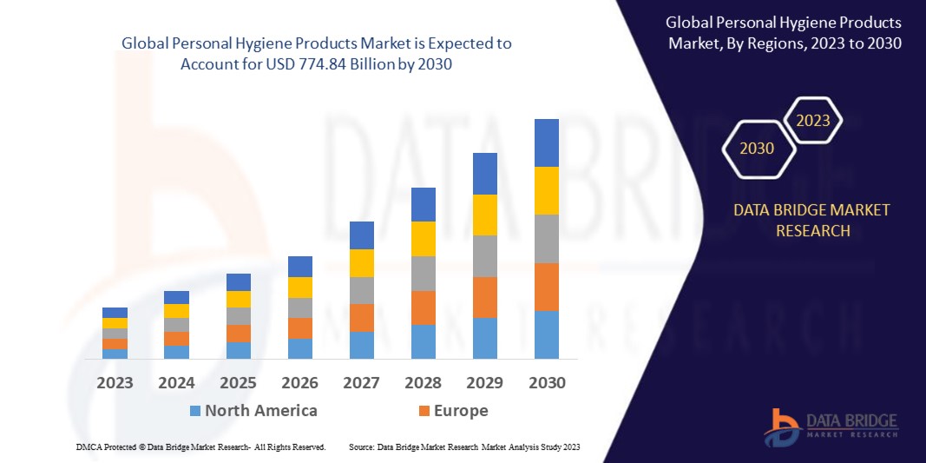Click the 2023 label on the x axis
point(115,383)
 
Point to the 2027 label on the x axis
point(361,383)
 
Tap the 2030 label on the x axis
point(547,383)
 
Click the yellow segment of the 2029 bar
point(484,215)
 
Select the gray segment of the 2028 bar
point(423,273)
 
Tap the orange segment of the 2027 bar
point(361,317)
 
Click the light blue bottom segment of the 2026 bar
point(299,348)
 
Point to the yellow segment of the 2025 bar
point(238,299)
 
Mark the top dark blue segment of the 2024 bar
point(176,297)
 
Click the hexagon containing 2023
point(813,121)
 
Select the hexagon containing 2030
point(757,149)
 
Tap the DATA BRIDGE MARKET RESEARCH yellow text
point(811,221)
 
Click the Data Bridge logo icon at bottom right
point(782,424)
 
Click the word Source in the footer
point(362,446)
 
